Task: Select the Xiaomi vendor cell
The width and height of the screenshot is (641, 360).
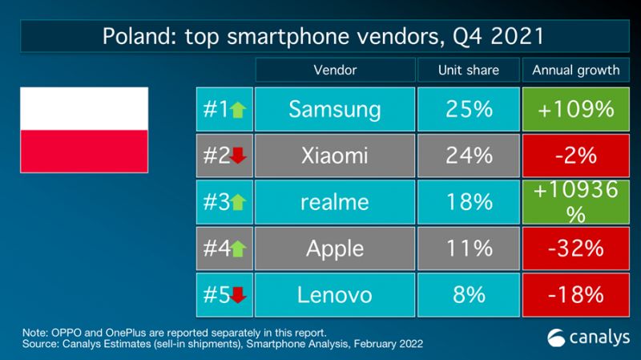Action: pos(336,156)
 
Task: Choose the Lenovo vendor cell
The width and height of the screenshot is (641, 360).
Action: pos(336,295)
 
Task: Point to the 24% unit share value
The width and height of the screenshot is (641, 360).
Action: pos(469,156)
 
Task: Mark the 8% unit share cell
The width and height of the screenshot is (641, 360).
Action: pos(469,295)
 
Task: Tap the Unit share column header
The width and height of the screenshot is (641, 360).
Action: pos(469,70)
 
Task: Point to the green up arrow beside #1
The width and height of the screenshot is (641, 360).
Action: pos(236,111)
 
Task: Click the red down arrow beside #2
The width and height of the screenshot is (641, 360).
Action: pos(237,157)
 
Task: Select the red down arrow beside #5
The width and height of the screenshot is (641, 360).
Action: pos(238,297)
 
